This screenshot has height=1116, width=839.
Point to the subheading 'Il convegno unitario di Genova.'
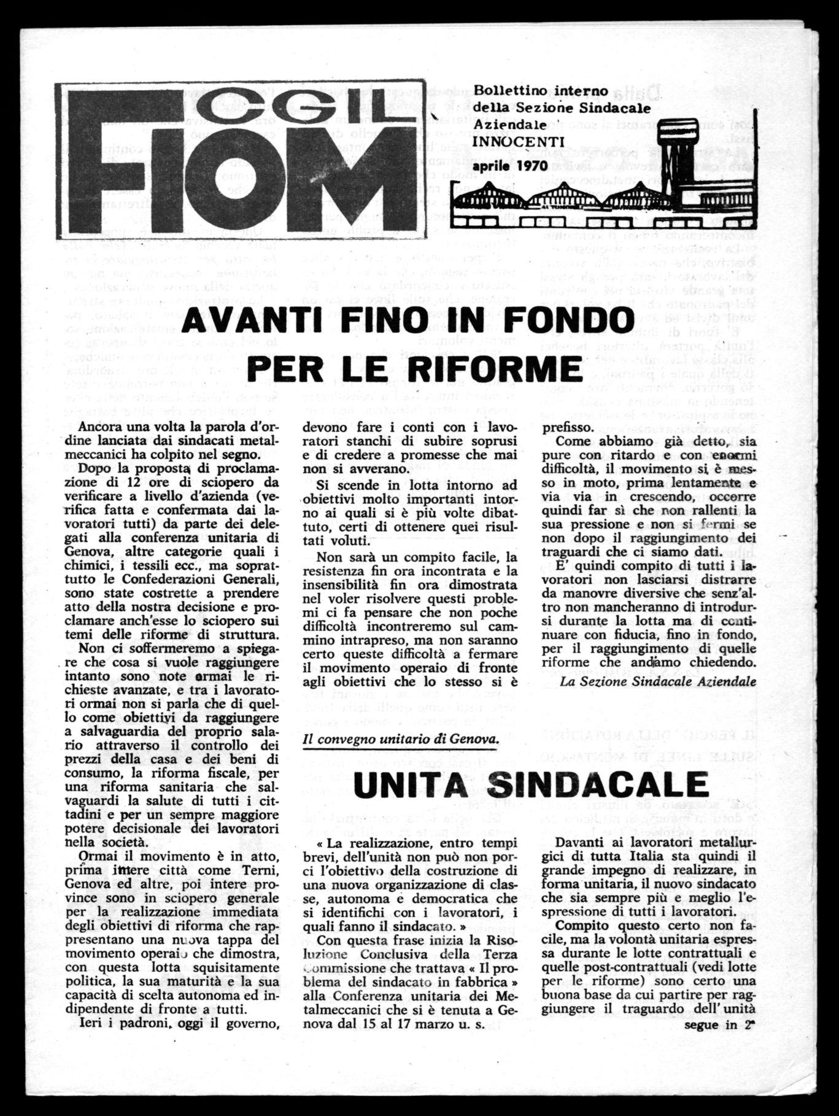coord(400,739)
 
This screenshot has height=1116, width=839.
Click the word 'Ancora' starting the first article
coord(101,427)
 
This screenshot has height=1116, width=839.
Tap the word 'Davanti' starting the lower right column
coord(578,844)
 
